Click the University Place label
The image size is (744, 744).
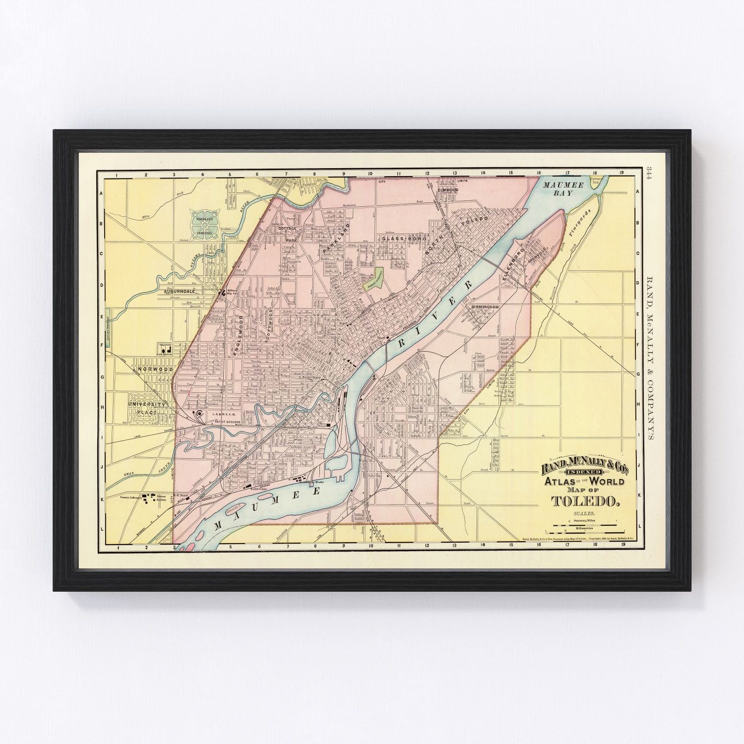pyautogui.click(x=146, y=408)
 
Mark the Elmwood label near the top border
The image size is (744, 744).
pyautogui.click(x=447, y=189)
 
